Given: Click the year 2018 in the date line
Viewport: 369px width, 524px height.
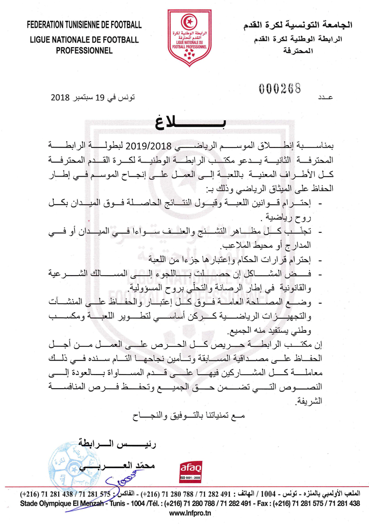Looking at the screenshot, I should point(61,98).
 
